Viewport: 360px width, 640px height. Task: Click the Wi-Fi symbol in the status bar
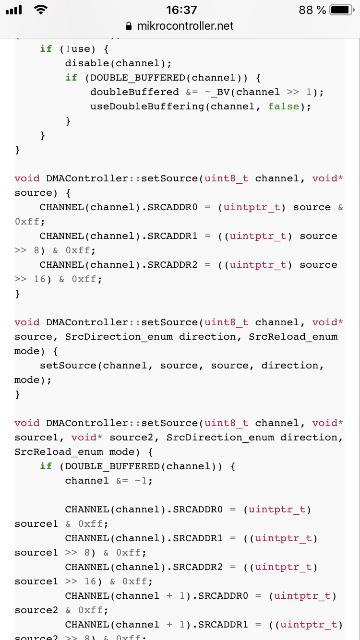[41, 10]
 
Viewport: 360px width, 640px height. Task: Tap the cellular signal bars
[14, 10]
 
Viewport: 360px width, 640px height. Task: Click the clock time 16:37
[181, 10]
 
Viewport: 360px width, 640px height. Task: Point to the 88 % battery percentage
[312, 10]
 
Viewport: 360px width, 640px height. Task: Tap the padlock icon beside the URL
[129, 26]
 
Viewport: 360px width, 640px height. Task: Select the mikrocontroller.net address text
[185, 26]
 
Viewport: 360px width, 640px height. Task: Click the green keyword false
[284, 107]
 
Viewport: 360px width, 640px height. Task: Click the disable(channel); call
[118, 63]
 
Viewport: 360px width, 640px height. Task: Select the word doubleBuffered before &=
[134, 92]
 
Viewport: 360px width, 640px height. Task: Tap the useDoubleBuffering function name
[147, 107]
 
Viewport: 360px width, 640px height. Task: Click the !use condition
[77, 49]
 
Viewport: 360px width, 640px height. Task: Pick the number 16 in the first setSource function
[40, 279]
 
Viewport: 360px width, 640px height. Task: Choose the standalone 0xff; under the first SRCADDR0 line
[30, 222]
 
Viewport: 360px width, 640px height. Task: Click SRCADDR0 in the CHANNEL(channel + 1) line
[223, 596]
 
